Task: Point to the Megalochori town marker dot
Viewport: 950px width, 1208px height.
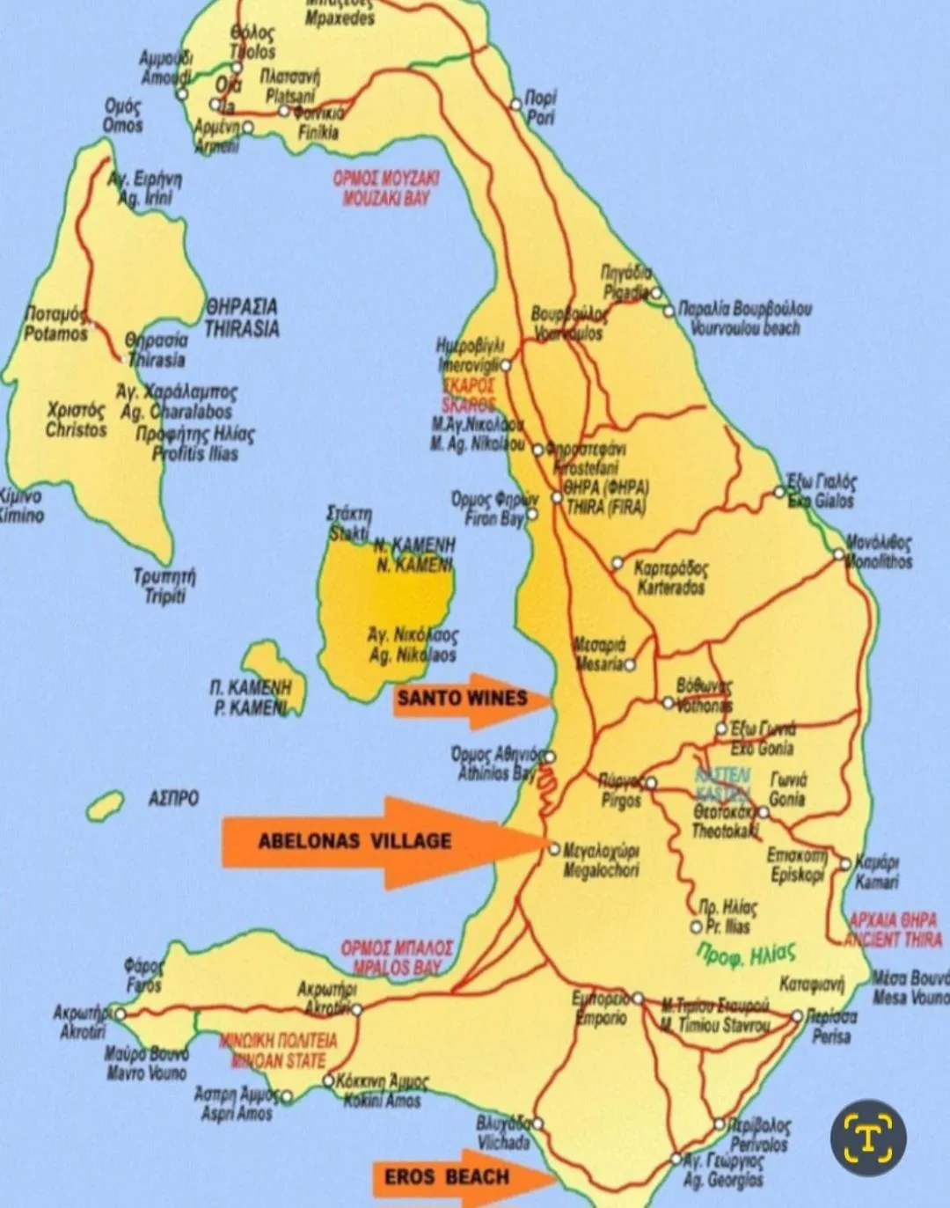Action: tap(554, 849)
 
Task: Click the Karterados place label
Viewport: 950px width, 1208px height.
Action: tap(670, 579)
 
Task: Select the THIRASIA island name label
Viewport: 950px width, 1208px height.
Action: tap(242, 318)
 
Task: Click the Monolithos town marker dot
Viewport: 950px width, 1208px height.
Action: tap(839, 554)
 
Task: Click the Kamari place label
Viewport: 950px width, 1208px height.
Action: tap(876, 872)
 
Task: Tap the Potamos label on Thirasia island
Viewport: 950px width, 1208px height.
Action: tap(55, 325)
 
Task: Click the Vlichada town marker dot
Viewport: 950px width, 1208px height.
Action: tap(537, 1124)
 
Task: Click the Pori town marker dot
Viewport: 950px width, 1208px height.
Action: tap(516, 105)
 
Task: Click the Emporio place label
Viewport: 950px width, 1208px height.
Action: tap(601, 1009)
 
